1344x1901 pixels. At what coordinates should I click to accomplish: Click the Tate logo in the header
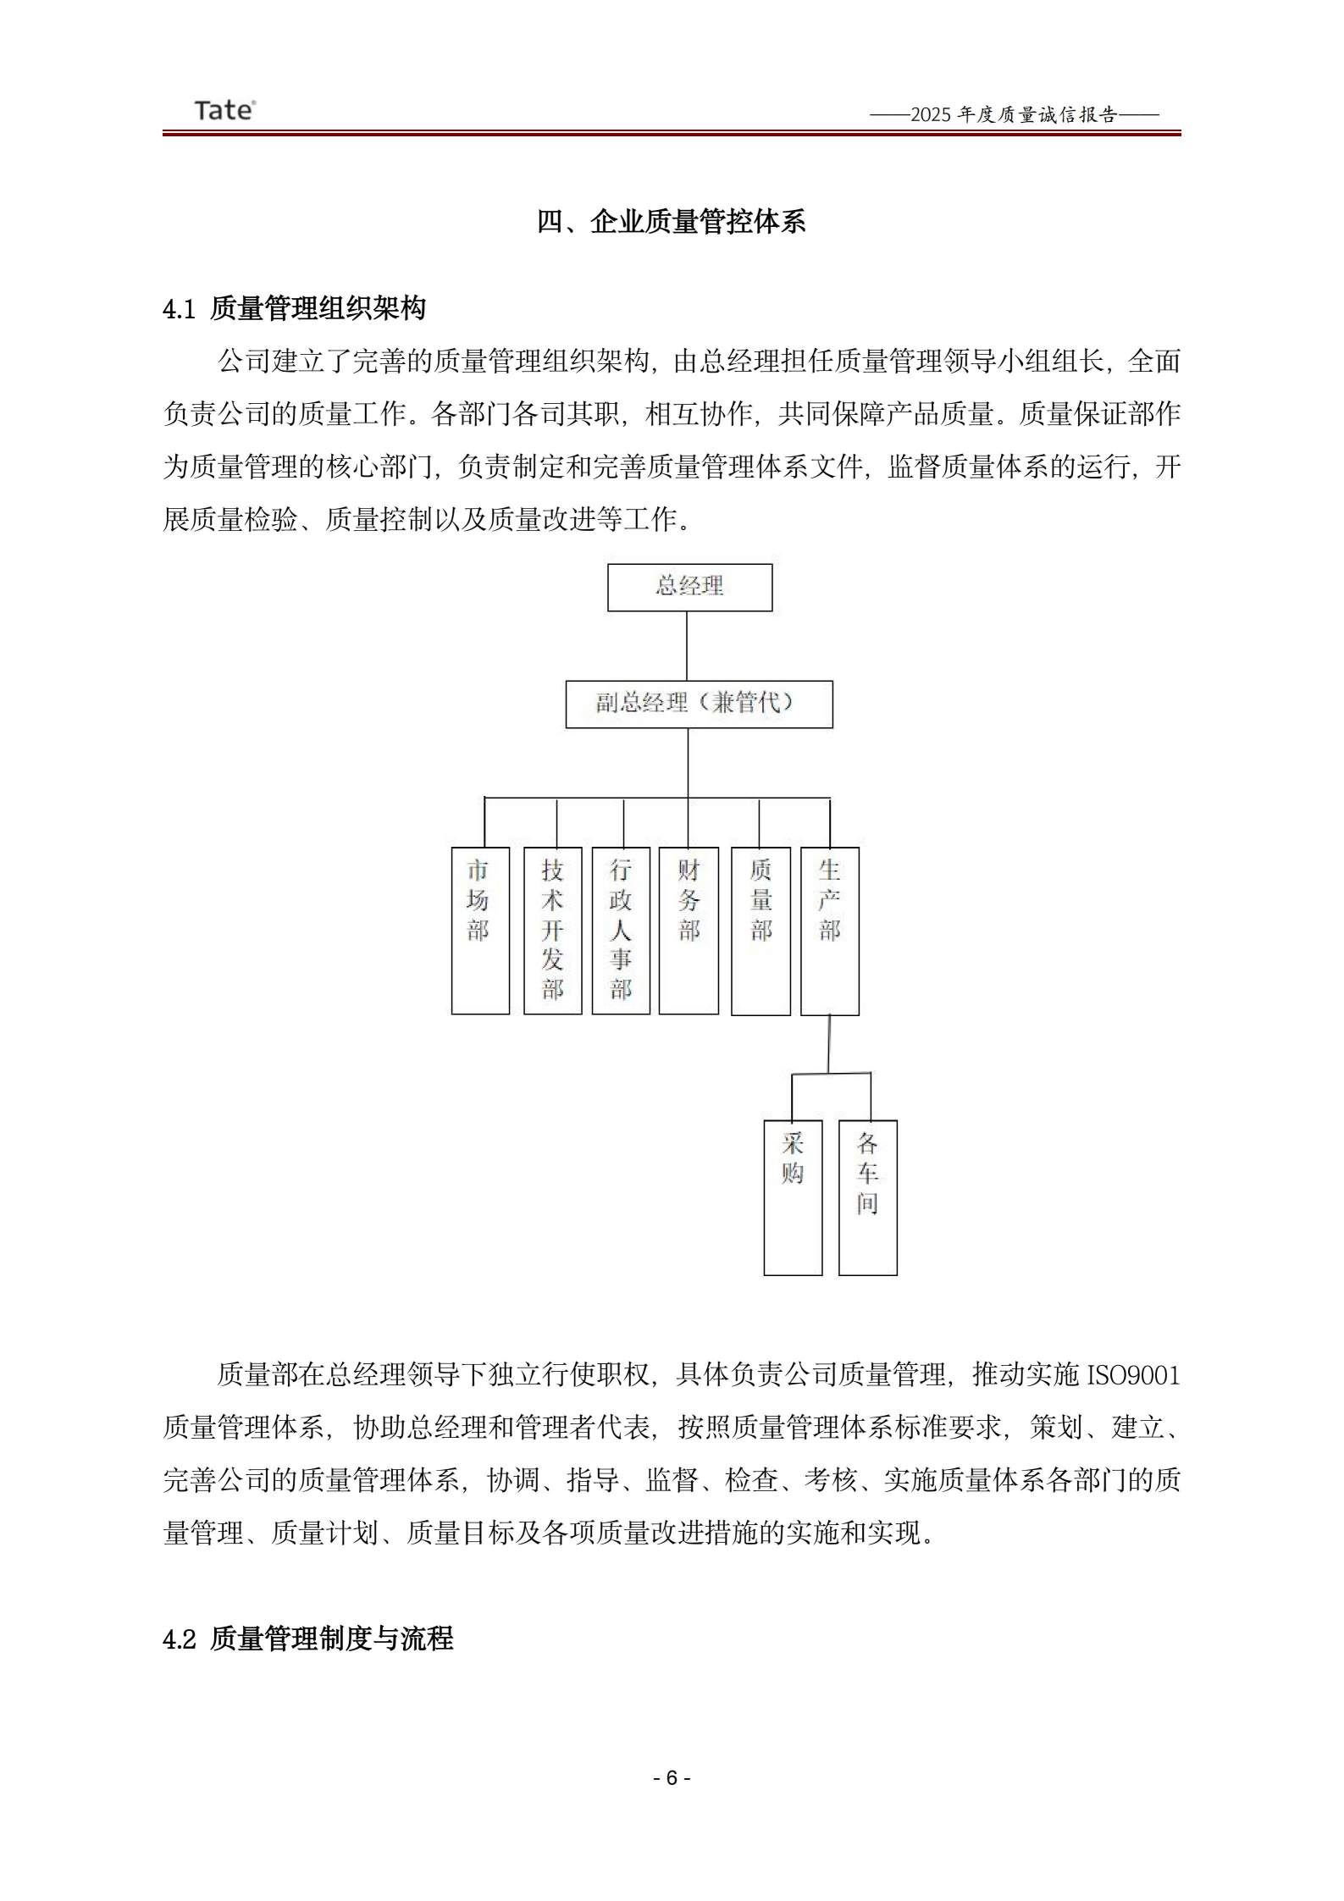[x=224, y=110]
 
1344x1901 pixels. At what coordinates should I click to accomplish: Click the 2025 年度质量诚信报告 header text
[x=1014, y=115]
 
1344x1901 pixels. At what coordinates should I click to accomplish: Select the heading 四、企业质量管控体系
[x=671, y=222]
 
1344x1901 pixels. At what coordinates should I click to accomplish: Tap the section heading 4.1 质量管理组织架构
[x=294, y=308]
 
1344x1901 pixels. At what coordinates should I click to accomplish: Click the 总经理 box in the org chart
[x=689, y=587]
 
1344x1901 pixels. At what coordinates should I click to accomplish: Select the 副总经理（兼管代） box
[x=699, y=704]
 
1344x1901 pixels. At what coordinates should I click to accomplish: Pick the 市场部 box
[x=480, y=930]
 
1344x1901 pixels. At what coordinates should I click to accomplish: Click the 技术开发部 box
[x=552, y=930]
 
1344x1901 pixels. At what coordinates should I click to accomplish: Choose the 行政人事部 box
[x=621, y=930]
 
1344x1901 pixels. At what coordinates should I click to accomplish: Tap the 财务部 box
[x=689, y=930]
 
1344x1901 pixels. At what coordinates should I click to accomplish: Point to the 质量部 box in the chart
[x=760, y=930]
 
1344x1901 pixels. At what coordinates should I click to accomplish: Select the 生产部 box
[x=830, y=930]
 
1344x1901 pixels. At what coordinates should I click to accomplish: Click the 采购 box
[x=793, y=1196]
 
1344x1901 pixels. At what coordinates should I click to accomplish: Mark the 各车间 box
[x=867, y=1196]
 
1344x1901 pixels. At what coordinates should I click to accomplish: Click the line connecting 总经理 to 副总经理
[x=687, y=645]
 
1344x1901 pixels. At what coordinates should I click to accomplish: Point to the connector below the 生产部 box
[x=829, y=1044]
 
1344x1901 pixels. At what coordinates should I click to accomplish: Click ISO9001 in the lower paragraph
[x=1133, y=1375]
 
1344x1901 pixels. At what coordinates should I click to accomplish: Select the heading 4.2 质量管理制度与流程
[x=308, y=1639]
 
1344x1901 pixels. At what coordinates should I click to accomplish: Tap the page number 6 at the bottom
[x=672, y=1778]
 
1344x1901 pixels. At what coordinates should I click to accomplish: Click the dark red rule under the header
[x=671, y=133]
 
